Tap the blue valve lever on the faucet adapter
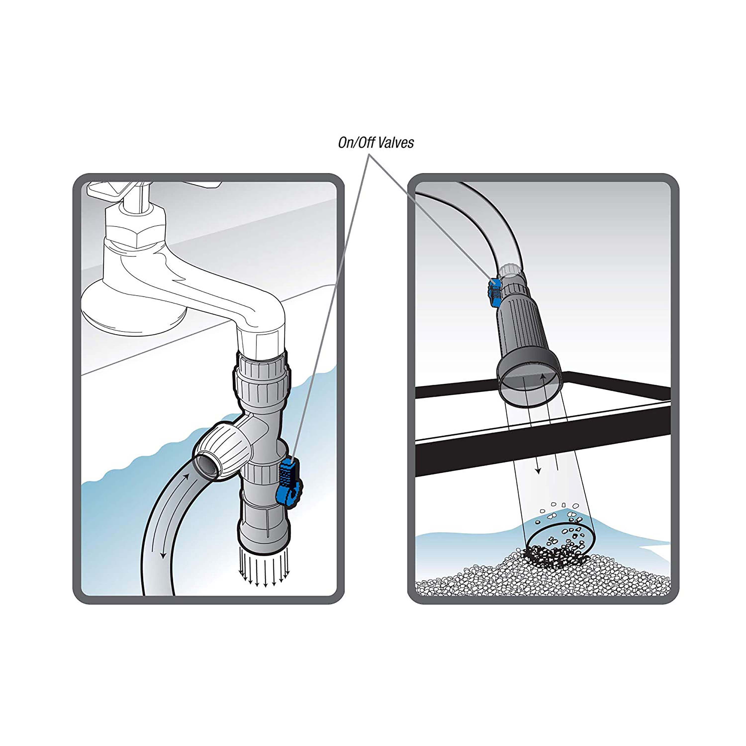pos(288,479)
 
